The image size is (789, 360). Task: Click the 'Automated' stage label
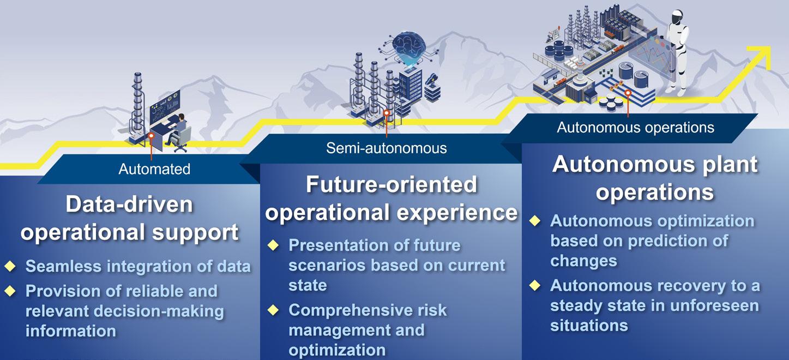click(154, 169)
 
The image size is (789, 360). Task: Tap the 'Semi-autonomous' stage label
click(387, 148)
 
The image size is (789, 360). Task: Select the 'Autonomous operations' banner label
click(635, 128)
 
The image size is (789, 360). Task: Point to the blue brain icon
click(409, 44)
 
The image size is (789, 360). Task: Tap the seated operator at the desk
click(178, 130)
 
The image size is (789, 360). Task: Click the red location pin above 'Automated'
click(151, 136)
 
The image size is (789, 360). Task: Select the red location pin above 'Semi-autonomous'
click(387, 113)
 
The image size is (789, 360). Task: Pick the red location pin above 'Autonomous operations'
click(628, 93)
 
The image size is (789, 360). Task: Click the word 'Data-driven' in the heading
click(129, 204)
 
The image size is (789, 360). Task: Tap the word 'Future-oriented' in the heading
click(392, 184)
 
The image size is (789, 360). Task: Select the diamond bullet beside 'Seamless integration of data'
click(10, 266)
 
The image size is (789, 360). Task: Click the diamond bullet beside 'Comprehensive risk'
click(273, 310)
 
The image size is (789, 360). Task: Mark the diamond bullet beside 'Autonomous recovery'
click(535, 285)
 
